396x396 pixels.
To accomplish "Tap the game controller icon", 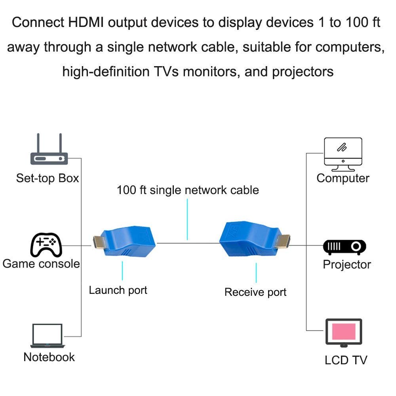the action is (x=46, y=245).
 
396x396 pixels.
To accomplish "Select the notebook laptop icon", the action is (x=48, y=336).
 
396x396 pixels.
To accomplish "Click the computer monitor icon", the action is (x=343, y=154).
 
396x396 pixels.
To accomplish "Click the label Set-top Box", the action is (x=48, y=178).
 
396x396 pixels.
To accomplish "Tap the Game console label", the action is (x=41, y=264).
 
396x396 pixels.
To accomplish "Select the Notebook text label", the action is (x=49, y=357).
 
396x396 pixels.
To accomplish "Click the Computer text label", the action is (x=343, y=178).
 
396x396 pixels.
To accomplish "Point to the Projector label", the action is (x=347, y=265).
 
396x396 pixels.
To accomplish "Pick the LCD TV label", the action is (x=346, y=360).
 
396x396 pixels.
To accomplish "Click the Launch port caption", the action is (x=118, y=290).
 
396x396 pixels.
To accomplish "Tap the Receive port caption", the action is (x=255, y=292).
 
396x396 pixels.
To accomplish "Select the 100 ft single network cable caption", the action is (x=188, y=190).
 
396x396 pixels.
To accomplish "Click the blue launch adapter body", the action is (x=128, y=242).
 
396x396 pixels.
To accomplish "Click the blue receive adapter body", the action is (x=250, y=239).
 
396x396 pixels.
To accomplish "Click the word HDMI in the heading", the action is (x=86, y=22).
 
